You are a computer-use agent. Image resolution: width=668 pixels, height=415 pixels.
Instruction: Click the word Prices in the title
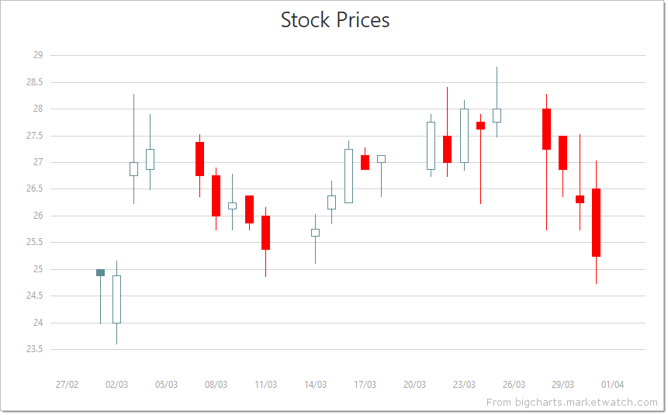362,20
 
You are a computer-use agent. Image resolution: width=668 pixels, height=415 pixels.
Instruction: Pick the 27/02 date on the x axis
67,385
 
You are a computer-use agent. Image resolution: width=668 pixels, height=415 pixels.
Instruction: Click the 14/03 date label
315,385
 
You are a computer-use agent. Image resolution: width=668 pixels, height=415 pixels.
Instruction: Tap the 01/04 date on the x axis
612,385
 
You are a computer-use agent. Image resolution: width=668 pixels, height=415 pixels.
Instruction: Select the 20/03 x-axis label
414,385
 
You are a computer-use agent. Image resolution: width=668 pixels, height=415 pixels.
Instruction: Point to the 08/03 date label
216,385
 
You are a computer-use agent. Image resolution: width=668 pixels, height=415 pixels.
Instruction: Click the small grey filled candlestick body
100,272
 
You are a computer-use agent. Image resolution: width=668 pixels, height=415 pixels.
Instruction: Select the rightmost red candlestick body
596,223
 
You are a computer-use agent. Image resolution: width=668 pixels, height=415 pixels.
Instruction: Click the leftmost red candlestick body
199,159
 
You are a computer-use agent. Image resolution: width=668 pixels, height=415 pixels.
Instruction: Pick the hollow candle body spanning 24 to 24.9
116,299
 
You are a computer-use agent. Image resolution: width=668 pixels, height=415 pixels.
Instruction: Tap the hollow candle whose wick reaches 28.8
497,116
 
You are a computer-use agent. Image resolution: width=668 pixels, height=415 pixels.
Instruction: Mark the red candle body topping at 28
546,129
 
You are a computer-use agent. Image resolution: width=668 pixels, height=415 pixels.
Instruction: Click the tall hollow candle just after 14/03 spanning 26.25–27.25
348,176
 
